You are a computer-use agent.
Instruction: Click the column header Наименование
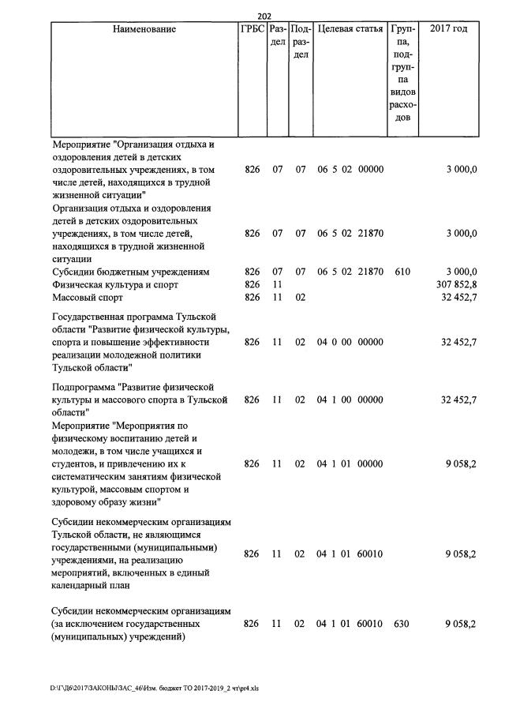pyautogui.click(x=144, y=29)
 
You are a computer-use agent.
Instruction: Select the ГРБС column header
pyautogui.click(x=252, y=29)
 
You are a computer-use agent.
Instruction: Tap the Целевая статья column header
pyautogui.click(x=350, y=29)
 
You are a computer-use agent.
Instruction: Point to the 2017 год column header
pyautogui.click(x=448, y=29)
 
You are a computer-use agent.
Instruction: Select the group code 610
pyautogui.click(x=402, y=272)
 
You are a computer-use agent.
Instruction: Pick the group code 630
pyautogui.click(x=402, y=624)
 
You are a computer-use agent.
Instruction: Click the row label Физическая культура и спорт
pyautogui.click(x=115, y=284)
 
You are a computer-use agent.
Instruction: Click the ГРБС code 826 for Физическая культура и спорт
pyautogui.click(x=252, y=284)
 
